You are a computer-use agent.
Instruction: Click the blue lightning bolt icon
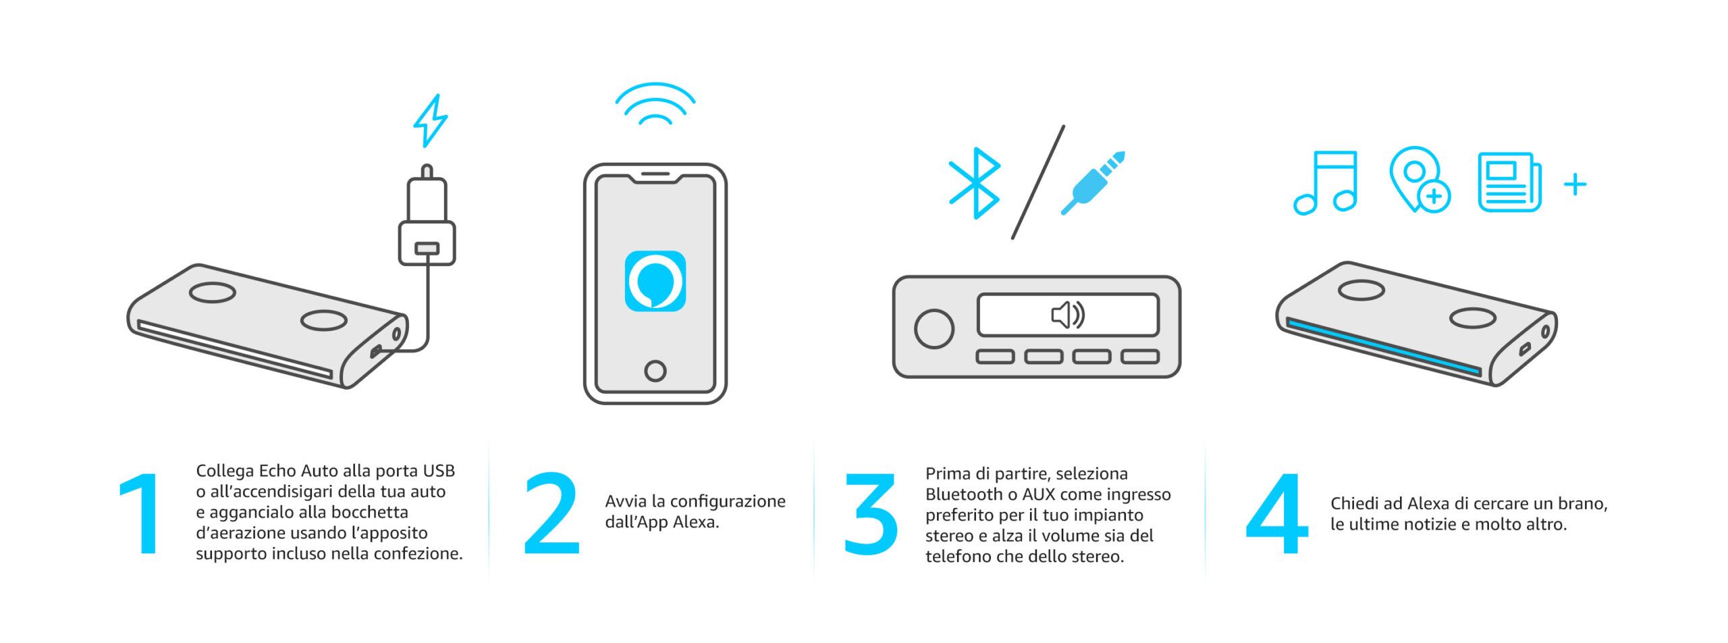(x=431, y=122)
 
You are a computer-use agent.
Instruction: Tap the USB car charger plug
(x=427, y=216)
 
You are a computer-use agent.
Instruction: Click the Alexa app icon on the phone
(x=655, y=281)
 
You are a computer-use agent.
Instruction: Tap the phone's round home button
(x=655, y=371)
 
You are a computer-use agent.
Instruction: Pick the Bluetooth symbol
(x=974, y=183)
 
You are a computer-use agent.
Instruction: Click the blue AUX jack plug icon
(x=1093, y=183)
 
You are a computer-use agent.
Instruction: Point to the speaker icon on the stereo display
(x=1068, y=315)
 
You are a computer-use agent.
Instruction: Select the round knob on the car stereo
(x=934, y=329)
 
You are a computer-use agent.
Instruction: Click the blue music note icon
(x=1324, y=183)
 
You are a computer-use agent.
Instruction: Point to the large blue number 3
(x=871, y=514)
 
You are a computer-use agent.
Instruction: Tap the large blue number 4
(x=1276, y=514)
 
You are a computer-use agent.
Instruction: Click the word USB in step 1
(x=439, y=471)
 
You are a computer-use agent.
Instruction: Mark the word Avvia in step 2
(x=625, y=502)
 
